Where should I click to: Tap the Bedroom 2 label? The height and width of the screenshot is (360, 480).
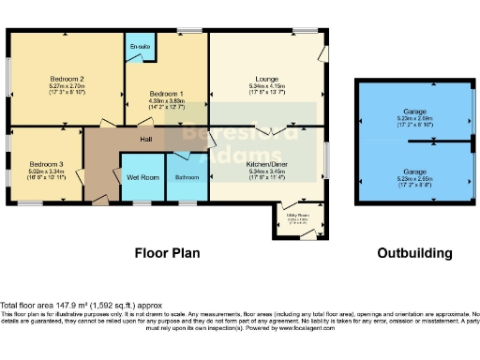point(67,79)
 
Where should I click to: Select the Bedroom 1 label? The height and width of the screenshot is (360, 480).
point(167,94)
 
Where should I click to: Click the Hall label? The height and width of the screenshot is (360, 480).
point(146,139)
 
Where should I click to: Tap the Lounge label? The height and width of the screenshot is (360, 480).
point(266,79)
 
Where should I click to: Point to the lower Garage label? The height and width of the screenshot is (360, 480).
point(414,172)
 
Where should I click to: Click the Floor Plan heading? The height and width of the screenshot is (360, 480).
point(170,253)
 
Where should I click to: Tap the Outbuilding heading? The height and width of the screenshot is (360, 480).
point(414,253)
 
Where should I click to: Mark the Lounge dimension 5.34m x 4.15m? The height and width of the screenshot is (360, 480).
point(266,86)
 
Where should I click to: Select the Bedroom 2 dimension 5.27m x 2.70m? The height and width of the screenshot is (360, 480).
point(67,86)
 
